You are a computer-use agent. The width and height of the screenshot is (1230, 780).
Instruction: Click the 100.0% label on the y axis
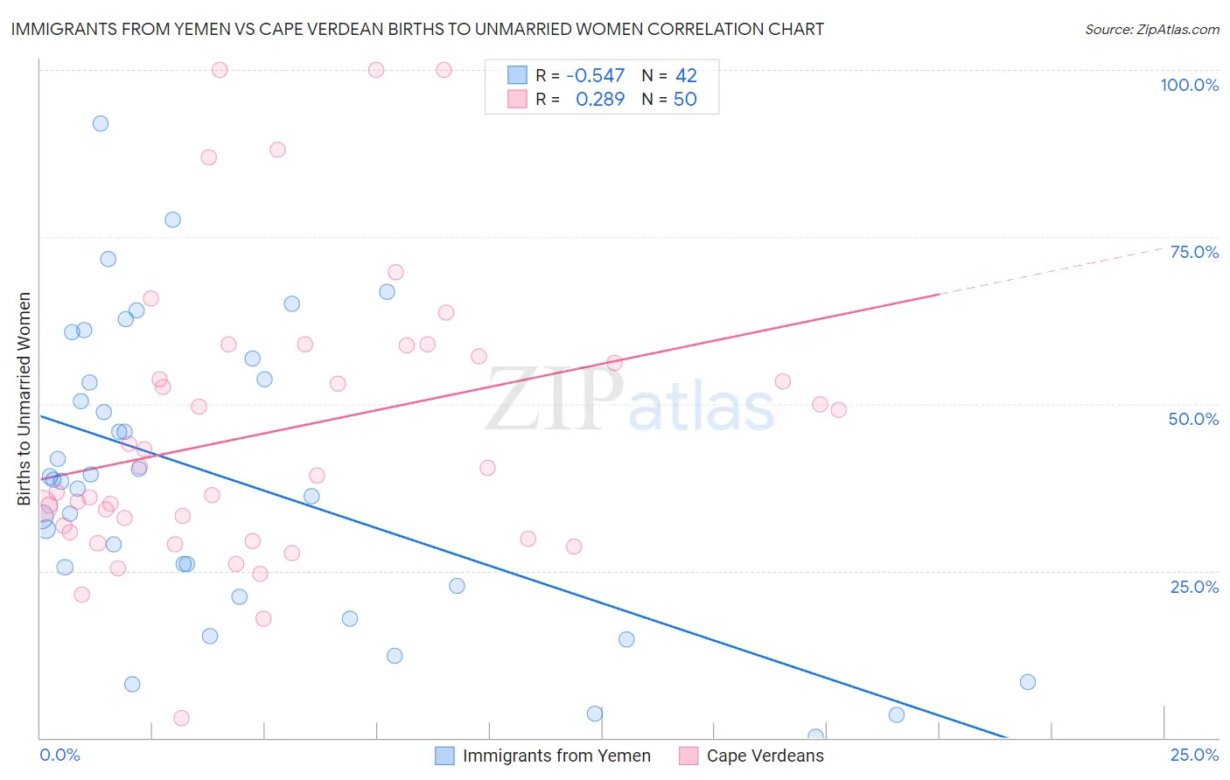(1189, 85)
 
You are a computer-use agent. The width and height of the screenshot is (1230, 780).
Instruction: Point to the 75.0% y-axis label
(1194, 252)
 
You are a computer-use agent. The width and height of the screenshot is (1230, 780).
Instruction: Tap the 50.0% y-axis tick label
(1193, 419)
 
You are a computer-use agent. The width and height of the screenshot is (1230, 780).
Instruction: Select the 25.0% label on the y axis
(1194, 587)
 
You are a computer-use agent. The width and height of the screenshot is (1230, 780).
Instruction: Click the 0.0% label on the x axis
(59, 755)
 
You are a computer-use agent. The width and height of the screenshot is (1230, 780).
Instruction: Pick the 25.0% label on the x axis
(1194, 755)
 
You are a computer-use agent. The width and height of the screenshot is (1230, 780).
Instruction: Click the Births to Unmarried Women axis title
(24, 399)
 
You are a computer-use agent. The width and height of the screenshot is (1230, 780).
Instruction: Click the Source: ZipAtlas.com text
(1151, 29)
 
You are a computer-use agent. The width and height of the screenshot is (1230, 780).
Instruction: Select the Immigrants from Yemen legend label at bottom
(556, 756)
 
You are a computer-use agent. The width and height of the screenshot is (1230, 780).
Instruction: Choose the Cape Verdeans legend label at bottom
(765, 756)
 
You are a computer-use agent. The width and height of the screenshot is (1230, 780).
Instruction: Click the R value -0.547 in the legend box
(596, 76)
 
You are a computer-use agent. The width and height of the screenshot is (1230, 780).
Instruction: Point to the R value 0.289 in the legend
(600, 100)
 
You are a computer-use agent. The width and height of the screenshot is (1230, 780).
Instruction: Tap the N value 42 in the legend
(686, 76)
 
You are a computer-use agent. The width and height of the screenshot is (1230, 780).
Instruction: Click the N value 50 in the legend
(685, 100)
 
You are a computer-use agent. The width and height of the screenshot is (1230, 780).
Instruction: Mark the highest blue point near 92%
(101, 123)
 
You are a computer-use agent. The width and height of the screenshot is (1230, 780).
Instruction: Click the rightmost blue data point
(1028, 682)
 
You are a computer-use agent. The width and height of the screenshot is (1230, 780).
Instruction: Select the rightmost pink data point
(838, 410)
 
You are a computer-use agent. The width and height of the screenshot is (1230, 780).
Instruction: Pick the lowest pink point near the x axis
(181, 718)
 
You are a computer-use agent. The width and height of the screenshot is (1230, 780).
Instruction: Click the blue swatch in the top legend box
(517, 75)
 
